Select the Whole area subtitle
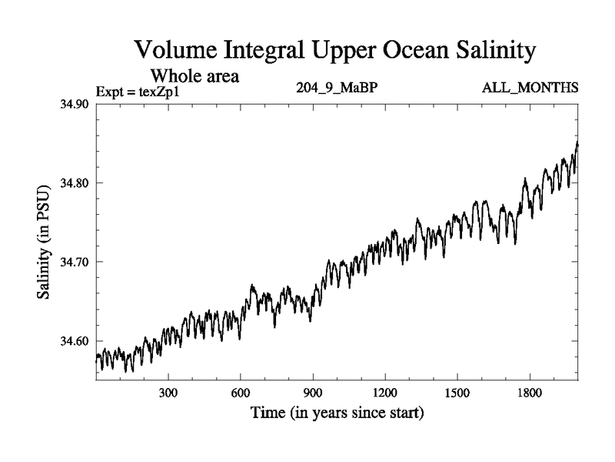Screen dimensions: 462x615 point(194,75)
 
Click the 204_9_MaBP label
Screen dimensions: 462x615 point(336,87)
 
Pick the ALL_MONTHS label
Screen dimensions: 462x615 point(530,87)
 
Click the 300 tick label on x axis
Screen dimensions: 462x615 point(168,393)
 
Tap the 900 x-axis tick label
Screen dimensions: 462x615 point(313,393)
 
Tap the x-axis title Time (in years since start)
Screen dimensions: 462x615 point(337,413)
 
